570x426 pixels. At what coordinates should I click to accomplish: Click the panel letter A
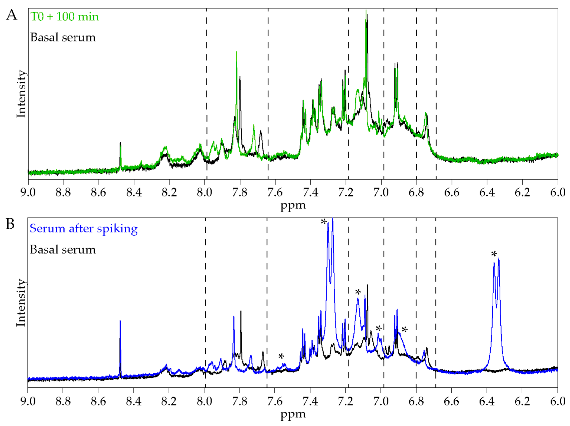[12, 15]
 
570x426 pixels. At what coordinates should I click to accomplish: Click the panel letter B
[10, 224]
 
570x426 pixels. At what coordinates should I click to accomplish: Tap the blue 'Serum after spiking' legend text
[83, 229]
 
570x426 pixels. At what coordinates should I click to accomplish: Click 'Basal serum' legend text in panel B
[63, 250]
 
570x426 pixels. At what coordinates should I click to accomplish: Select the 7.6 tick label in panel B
[275, 402]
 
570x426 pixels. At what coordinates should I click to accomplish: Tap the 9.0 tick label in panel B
[28, 402]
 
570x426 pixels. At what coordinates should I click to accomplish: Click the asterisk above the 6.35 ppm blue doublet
[494, 254]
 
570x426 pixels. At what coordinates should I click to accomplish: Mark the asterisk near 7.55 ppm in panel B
[281, 356]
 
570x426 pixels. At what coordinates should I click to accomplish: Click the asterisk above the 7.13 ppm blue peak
[358, 292]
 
